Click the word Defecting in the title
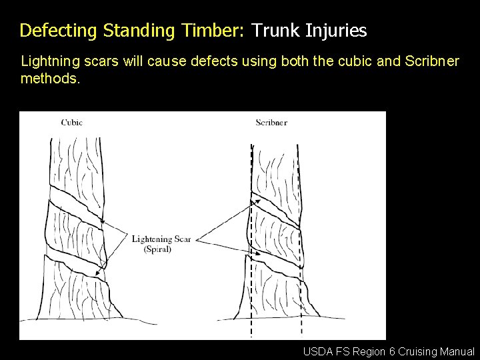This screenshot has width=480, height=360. click(x=58, y=31)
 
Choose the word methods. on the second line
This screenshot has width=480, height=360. click(x=50, y=79)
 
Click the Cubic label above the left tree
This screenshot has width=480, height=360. click(x=72, y=122)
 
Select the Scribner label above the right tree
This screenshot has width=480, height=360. click(x=271, y=122)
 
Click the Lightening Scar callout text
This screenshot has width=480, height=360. click(x=161, y=239)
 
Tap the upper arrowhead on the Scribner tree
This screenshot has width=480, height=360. click(x=253, y=199)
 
